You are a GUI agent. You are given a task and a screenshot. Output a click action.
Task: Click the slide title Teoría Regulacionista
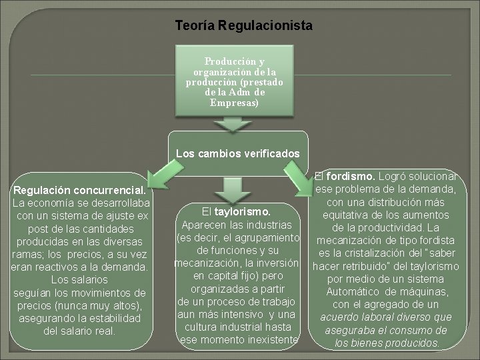tap(243, 26)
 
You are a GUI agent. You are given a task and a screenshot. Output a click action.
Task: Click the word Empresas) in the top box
tap(233, 103)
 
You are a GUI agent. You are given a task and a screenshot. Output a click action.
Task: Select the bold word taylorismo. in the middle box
tap(243, 212)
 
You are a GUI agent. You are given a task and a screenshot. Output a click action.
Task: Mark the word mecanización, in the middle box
tap(203, 263)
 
